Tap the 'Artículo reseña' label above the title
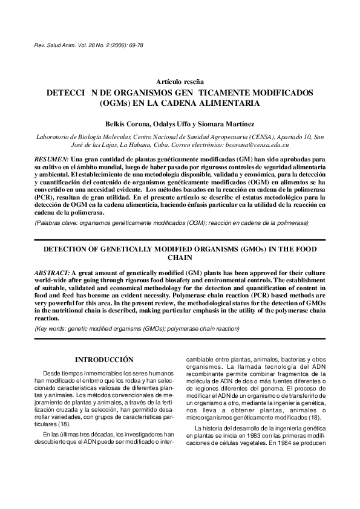(180, 82)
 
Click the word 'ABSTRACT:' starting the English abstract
(53, 274)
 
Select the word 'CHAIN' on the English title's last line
(180, 257)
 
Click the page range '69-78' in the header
(135, 45)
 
